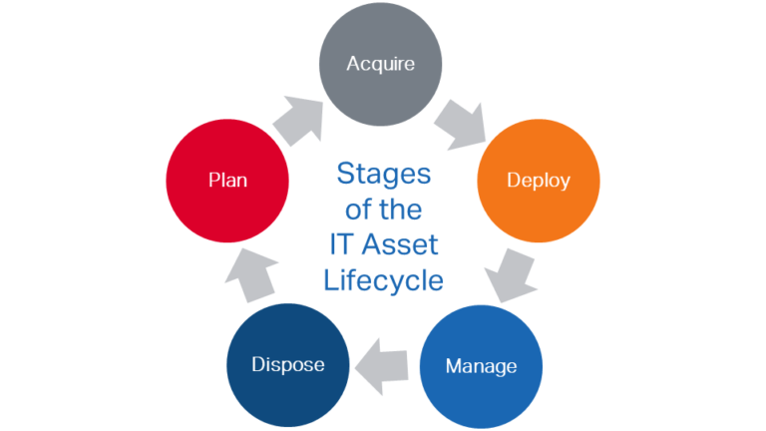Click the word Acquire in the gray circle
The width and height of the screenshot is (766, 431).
380,64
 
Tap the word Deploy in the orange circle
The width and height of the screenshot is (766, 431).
538,181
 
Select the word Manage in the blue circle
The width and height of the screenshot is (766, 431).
481,366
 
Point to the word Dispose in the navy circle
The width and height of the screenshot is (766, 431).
287,365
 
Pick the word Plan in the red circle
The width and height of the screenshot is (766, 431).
227,181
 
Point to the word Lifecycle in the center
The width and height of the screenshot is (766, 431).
384,280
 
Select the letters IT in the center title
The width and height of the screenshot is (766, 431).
341,245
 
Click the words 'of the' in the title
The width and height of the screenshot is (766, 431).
384,210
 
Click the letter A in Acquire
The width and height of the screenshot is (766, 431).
352,64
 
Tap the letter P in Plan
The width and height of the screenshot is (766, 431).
213,181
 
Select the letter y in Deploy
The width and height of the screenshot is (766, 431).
565,184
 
